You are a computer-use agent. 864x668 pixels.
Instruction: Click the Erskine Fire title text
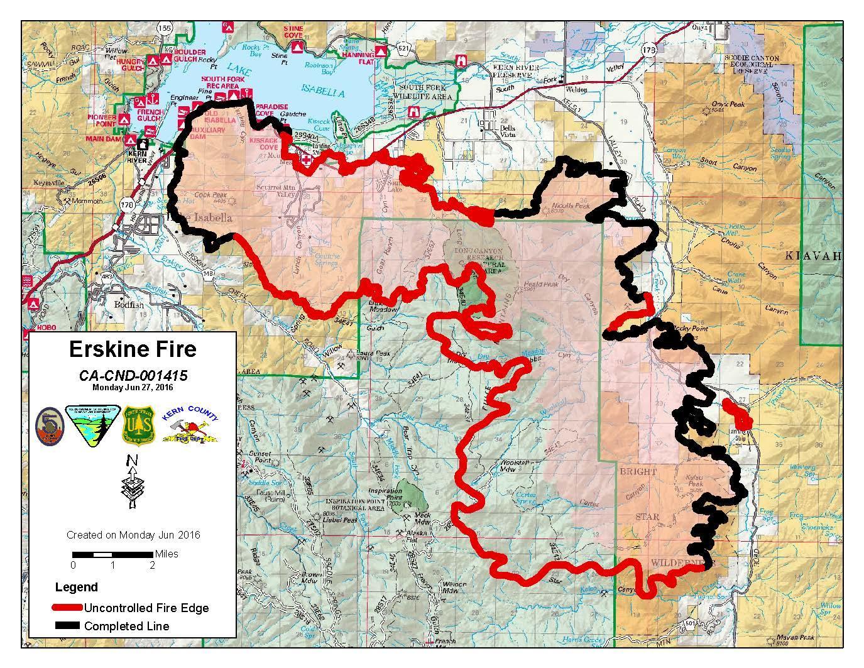click(132, 349)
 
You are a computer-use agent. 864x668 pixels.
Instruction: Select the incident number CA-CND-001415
click(133, 375)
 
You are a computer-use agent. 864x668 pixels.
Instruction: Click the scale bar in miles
click(113, 554)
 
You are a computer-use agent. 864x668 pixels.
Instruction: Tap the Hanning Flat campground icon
click(380, 50)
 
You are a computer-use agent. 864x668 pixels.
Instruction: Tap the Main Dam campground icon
click(131, 140)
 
